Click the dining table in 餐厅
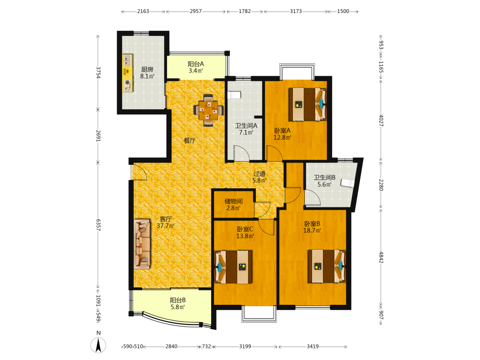[x=208, y=110]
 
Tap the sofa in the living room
[x=142, y=244]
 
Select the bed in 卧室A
[x=308, y=104]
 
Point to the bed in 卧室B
[x=327, y=266]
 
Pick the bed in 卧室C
[x=234, y=267]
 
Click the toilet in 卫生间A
[x=234, y=95]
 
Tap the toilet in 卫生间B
[x=348, y=183]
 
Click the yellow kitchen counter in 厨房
[x=127, y=73]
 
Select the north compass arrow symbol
[x=98, y=345]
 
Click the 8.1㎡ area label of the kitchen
[x=147, y=76]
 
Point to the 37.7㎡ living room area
[x=166, y=226]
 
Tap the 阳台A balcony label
[x=196, y=64]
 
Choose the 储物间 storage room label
[x=234, y=201]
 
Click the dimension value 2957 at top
[x=196, y=12]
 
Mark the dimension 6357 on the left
[x=98, y=225]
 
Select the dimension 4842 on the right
[x=381, y=257]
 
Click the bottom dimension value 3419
[x=312, y=346]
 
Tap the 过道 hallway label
[x=259, y=174]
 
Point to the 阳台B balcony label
[x=178, y=300]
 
